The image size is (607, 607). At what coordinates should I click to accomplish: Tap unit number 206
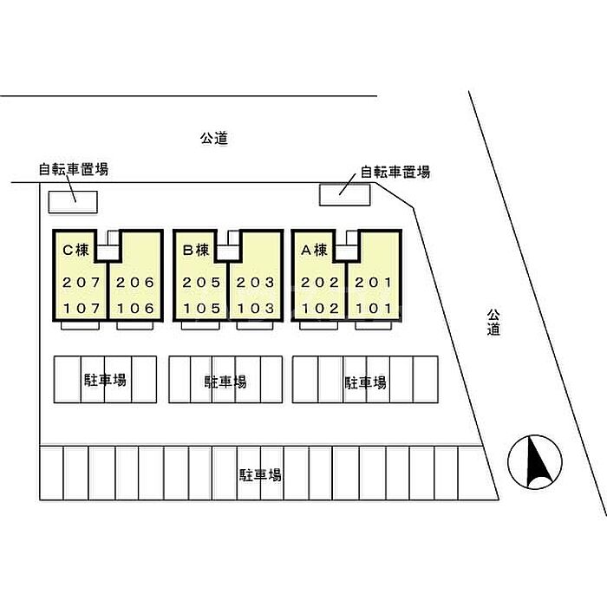point(134,283)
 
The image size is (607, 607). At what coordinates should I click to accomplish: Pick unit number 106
point(134,308)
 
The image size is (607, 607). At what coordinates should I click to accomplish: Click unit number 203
point(255,283)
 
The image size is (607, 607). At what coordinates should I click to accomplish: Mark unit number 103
point(255,308)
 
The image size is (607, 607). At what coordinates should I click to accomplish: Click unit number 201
point(374,283)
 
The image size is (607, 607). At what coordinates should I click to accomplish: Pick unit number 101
point(374,308)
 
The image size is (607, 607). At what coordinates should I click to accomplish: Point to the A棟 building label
point(314,250)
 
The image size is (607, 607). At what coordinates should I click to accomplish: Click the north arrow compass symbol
point(534,460)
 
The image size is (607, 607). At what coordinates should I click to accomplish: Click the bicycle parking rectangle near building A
point(344,194)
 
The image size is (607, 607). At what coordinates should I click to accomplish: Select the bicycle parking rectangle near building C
point(72,200)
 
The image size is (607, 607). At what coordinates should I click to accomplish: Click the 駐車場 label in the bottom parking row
point(260,475)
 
